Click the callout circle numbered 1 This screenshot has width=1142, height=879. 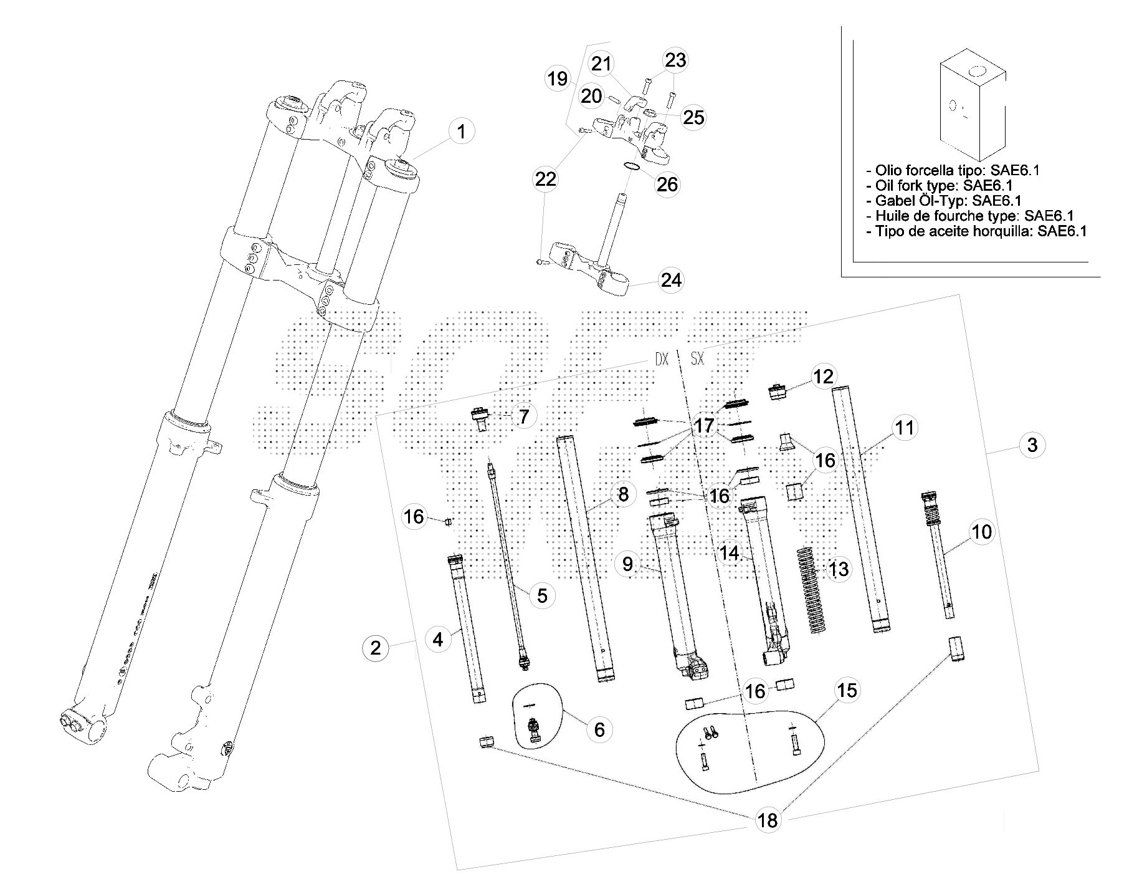click(460, 132)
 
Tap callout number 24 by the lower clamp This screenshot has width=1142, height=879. click(670, 280)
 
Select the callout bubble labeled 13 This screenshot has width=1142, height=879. click(839, 569)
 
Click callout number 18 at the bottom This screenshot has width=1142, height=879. click(768, 820)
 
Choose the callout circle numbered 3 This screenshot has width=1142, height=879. click(1032, 445)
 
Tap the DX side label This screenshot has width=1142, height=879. click(661, 360)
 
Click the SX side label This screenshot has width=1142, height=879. click(697, 360)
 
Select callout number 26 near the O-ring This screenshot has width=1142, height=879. click(667, 184)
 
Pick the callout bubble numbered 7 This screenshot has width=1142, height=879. click(523, 416)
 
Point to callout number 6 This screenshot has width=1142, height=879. click(599, 729)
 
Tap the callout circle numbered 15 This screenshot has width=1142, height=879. click(847, 690)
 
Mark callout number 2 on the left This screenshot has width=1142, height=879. click(375, 647)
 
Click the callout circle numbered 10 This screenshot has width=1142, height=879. click(981, 532)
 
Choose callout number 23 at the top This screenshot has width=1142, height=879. click(675, 60)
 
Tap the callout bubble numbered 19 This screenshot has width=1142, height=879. click(558, 79)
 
